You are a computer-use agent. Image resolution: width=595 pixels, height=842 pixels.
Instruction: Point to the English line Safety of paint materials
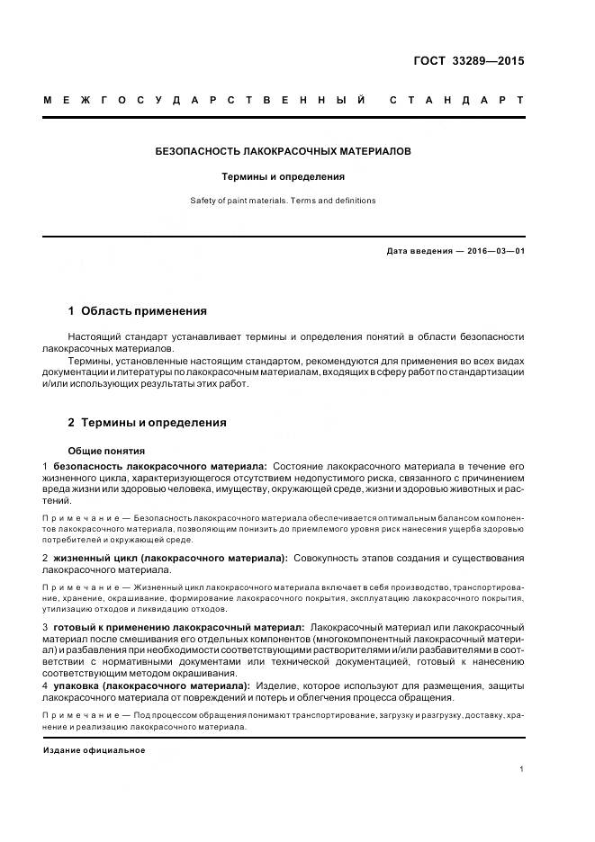284,201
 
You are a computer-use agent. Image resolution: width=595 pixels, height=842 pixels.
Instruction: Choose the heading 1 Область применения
138,311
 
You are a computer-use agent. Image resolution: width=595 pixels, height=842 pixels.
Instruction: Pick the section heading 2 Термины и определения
148,422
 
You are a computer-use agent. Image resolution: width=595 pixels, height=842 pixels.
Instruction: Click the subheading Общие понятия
107,451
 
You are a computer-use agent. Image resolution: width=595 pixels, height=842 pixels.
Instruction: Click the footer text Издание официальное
94,750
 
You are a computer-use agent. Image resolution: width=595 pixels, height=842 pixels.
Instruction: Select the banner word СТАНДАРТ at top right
456,100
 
